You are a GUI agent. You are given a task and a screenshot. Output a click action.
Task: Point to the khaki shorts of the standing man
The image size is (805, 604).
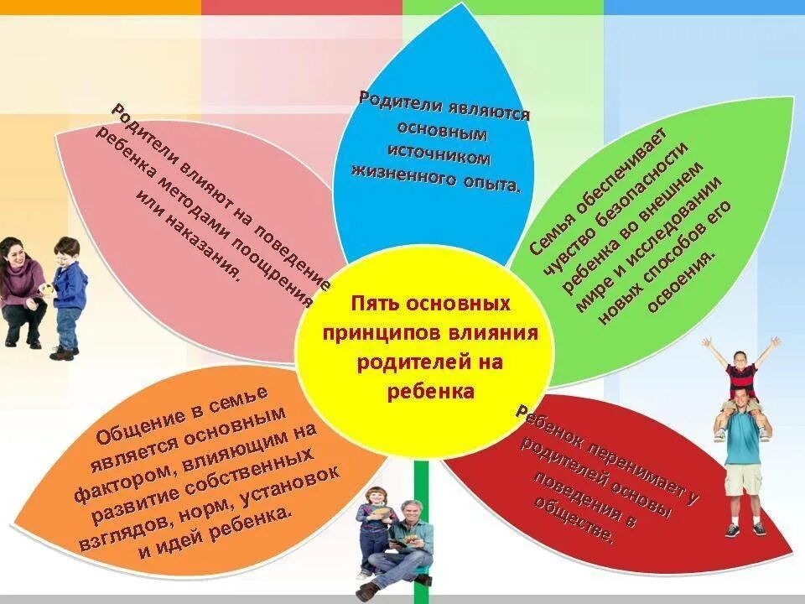point(744,479)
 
